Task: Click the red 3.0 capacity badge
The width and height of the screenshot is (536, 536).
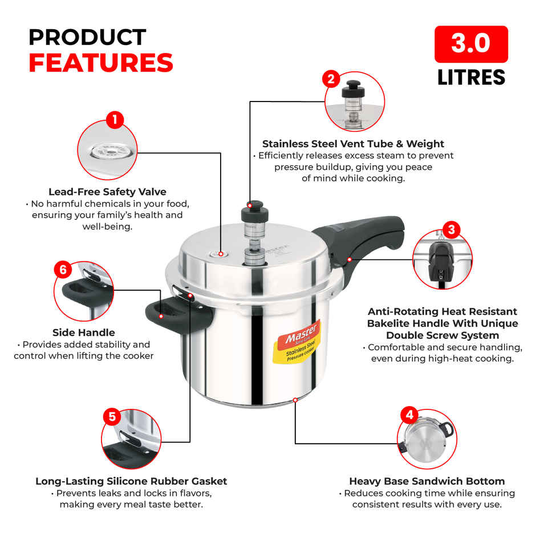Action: pos(471,44)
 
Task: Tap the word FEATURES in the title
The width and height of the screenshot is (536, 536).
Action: pos(101,62)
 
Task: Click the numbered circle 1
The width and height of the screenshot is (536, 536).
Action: pos(115,120)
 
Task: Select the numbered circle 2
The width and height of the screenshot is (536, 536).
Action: pos(331,79)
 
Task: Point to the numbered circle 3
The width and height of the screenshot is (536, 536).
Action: pos(451,230)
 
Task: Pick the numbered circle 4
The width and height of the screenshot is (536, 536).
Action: pos(409,415)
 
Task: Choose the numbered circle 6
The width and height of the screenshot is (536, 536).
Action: pos(63,270)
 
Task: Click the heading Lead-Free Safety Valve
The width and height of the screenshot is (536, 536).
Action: pos(107,192)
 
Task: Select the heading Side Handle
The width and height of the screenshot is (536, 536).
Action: pos(84,332)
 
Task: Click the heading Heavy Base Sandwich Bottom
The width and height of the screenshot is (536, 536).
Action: pos(427,481)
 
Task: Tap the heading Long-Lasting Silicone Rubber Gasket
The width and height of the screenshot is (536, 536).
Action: pos(131,481)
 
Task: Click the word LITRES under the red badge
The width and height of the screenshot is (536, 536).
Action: pos(471,77)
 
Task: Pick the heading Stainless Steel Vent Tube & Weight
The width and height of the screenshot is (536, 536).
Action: pos(353,144)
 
